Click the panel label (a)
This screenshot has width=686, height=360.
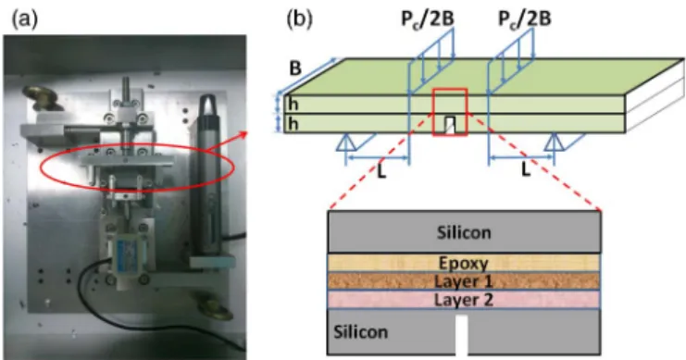pyautogui.click(x=25, y=19)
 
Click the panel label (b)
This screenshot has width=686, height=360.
pyautogui.click(x=299, y=19)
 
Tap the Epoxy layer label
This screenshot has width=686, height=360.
pyautogui.click(x=463, y=264)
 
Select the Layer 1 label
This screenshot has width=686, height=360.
pyautogui.click(x=463, y=281)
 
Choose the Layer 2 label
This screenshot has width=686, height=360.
pyautogui.click(x=463, y=300)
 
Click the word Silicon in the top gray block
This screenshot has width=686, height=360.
pyautogui.click(x=464, y=232)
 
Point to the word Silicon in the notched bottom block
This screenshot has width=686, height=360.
pyautogui.click(x=360, y=332)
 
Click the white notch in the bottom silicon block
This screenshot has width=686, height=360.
pyautogui.click(x=462, y=335)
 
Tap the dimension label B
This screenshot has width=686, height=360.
pyautogui.click(x=295, y=68)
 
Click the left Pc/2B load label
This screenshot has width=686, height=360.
pyautogui.click(x=428, y=19)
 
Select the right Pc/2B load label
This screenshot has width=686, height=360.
pyautogui.click(x=525, y=19)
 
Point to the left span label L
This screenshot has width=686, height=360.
pyautogui.click(x=381, y=171)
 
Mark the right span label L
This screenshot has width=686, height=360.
pyautogui.click(x=526, y=169)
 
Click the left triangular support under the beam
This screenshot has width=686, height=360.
pyautogui.click(x=345, y=143)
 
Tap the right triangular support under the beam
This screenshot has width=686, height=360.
pyautogui.click(x=554, y=143)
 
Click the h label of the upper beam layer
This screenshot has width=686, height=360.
pyautogui.click(x=293, y=104)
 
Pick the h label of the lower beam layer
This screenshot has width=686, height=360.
pyautogui.click(x=293, y=124)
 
